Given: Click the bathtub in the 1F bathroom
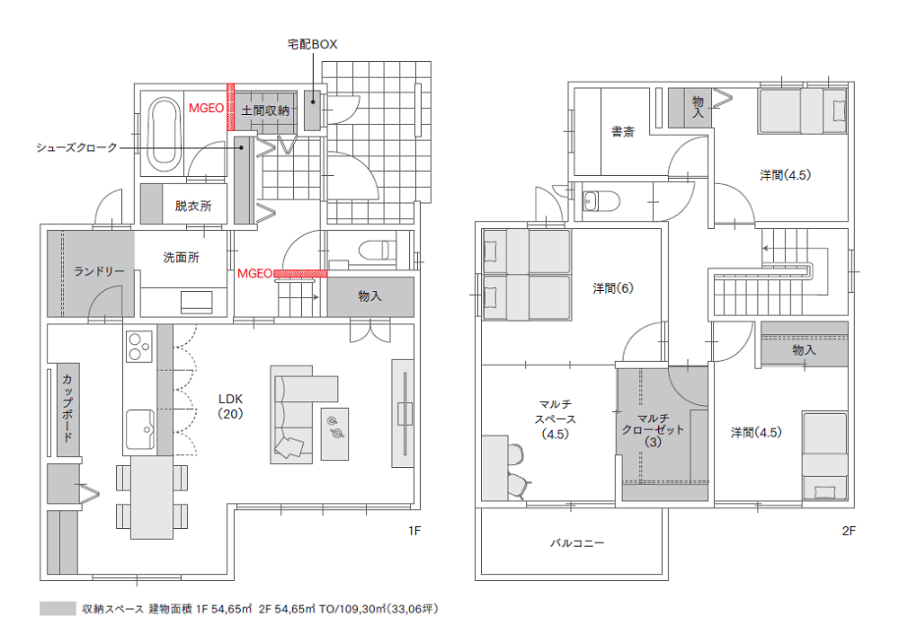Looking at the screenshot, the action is [x=164, y=134].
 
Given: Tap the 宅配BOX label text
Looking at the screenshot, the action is [x=312, y=44].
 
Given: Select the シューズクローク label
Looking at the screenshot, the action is [x=76, y=147].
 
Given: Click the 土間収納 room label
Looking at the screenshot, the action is [x=265, y=110].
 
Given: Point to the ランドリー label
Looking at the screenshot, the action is [x=99, y=271].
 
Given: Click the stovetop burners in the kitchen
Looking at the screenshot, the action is [x=138, y=347].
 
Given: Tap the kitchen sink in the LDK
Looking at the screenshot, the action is [x=140, y=429].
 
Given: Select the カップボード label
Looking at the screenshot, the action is [x=67, y=408].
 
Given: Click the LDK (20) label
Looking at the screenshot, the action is [x=230, y=406].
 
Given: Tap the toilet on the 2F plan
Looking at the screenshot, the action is [x=601, y=201].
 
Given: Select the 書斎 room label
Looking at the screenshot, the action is [x=623, y=132].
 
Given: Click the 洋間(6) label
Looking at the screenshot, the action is [x=613, y=288].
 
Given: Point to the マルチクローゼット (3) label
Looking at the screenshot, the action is [x=653, y=430].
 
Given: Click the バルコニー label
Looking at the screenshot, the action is [x=577, y=542].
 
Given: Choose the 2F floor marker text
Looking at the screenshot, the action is [x=849, y=531].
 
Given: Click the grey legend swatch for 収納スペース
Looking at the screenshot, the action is [x=58, y=609].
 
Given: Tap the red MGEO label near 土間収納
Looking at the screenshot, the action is [x=207, y=109].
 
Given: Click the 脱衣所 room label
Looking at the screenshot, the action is [x=193, y=207].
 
